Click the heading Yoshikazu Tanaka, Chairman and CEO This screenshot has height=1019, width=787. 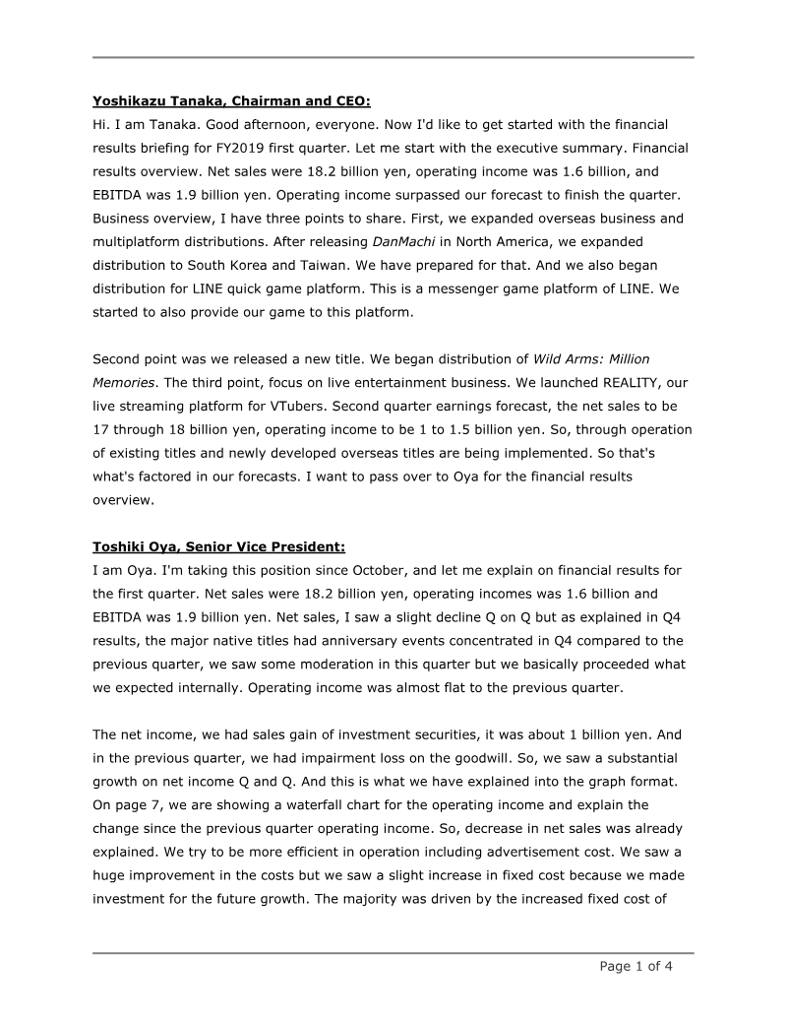point(231,100)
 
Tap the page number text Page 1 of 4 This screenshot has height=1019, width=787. point(636,966)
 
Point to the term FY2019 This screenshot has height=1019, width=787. point(292,148)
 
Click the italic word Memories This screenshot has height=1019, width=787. point(125,382)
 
